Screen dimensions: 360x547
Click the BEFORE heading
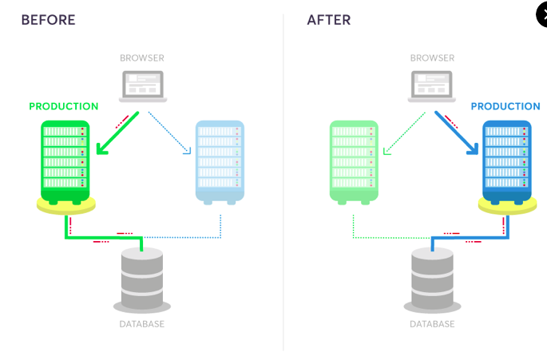pyautogui.click(x=48, y=20)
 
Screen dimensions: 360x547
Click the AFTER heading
pyautogui.click(x=329, y=20)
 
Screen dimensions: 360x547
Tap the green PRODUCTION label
pyautogui.click(x=64, y=106)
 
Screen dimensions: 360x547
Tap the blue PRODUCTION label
pyautogui.click(x=505, y=106)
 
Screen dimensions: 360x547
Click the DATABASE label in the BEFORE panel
pyautogui.click(x=141, y=324)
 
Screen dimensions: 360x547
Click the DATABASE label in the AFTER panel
pyautogui.click(x=432, y=324)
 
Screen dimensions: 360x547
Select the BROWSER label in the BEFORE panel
pyautogui.click(x=142, y=58)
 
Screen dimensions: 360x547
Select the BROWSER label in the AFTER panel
pyautogui.click(x=433, y=58)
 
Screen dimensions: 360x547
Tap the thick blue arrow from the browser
pyautogui.click(x=458, y=133)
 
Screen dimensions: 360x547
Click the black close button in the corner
pyautogui.click(x=542, y=15)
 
